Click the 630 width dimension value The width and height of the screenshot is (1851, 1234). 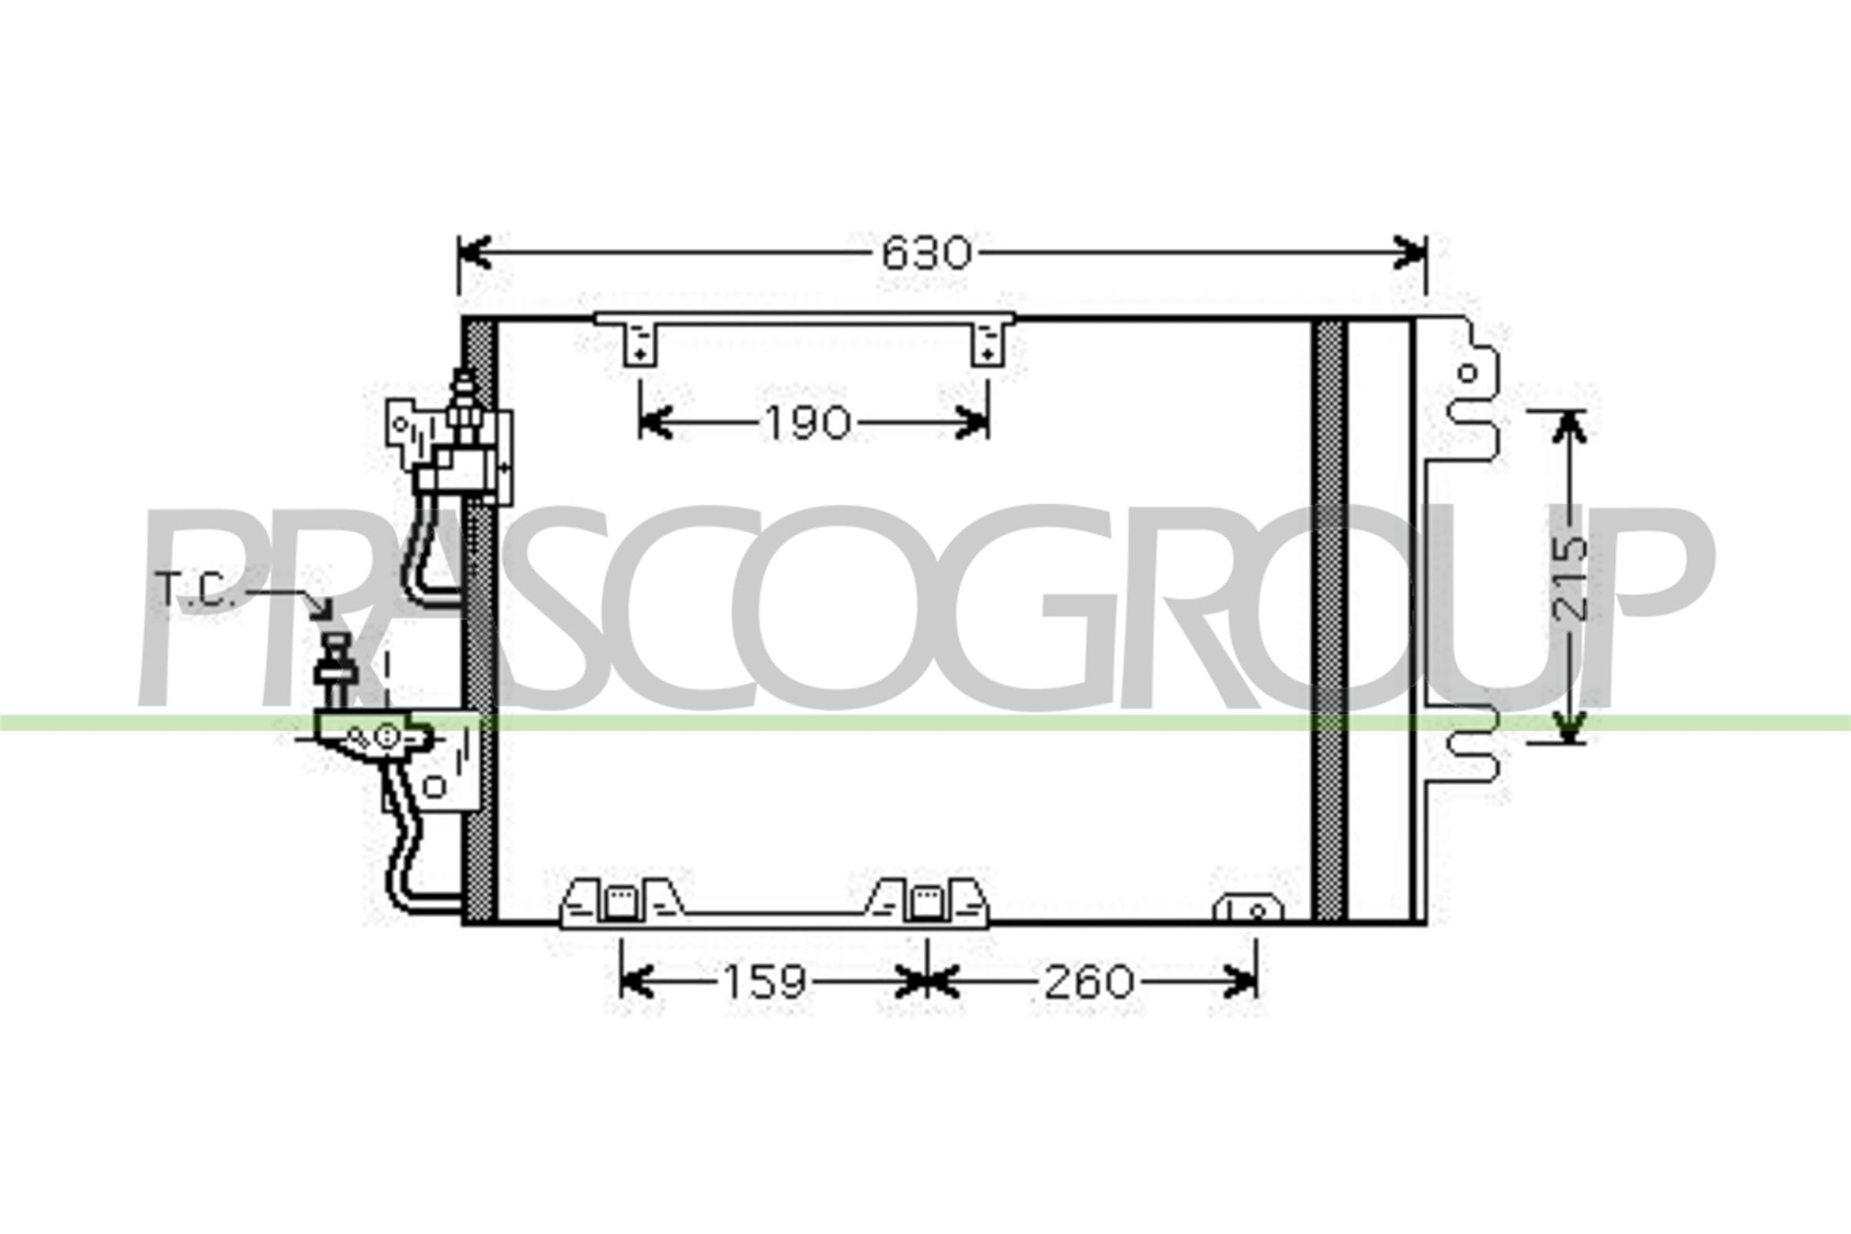pyautogui.click(x=926, y=254)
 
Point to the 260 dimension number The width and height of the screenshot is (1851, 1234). pyautogui.click(x=1089, y=982)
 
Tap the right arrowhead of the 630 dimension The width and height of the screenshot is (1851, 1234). pyautogui.click(x=1410, y=253)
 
